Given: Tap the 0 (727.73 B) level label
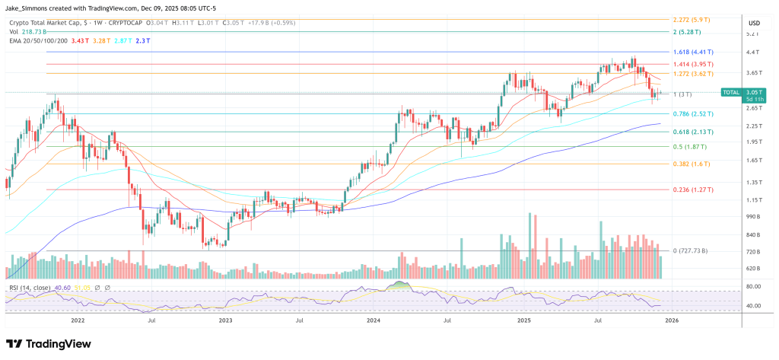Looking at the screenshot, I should [x=686, y=250].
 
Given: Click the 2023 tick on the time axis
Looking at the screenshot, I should [x=225, y=321].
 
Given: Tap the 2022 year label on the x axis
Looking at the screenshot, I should [x=78, y=321].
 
